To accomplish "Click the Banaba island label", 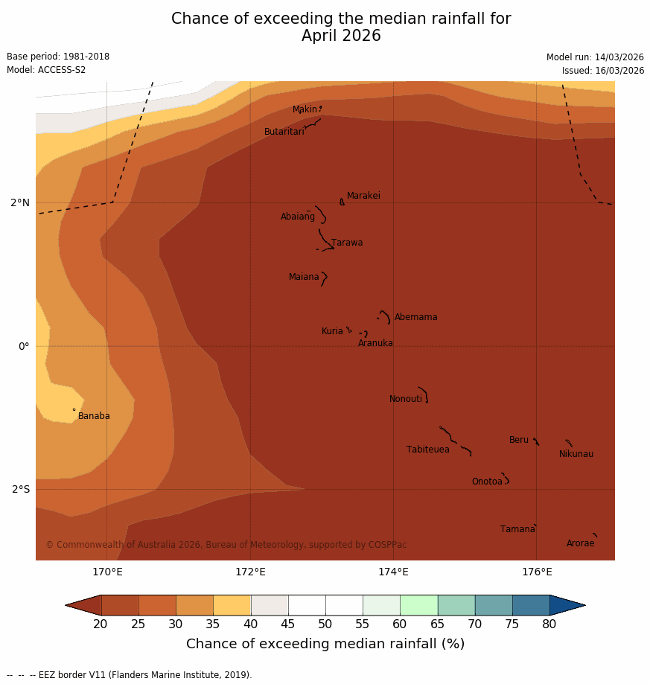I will pos(94,416).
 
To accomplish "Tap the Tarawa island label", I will pos(347,243).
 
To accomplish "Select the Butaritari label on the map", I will pos(284,132).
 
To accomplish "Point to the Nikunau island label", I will pos(576,454).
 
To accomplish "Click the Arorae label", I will pos(580,543).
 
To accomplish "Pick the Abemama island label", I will pos(415,317).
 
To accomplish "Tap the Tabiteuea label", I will pos(427,450).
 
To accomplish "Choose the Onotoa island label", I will pos(487,482).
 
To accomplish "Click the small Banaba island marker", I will pos(74,409).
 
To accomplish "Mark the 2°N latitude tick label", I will pos(20,202).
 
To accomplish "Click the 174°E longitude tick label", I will pos(393,572).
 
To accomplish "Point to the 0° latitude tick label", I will pos(24,346).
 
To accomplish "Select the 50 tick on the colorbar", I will pos(325,624).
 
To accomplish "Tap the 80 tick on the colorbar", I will pos(549,624).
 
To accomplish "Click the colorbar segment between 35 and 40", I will pos(232,605).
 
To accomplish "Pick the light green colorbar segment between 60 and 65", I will pos(418,605).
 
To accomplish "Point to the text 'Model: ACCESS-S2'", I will pos(46,70).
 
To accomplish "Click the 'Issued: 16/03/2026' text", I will pos(603,71).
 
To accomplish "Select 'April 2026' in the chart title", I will pos(341,36).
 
